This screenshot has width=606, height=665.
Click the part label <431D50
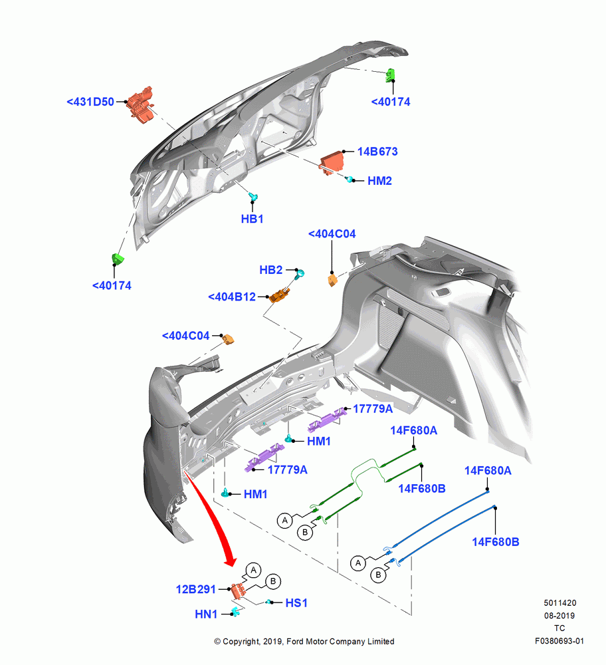[90, 102]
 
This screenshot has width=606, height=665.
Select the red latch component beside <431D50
[140, 104]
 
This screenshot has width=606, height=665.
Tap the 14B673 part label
[377, 152]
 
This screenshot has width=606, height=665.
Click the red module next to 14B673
[332, 162]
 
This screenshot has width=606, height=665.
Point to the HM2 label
[379, 181]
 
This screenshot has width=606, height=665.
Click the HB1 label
[252, 219]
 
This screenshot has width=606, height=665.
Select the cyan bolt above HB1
[253, 196]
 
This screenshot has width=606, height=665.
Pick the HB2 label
[271, 270]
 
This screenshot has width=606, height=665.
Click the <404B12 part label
[232, 297]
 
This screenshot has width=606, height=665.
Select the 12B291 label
[196, 589]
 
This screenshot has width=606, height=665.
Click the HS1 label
[296, 602]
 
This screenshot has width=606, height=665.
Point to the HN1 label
[206, 614]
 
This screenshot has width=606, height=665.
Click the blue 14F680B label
[496, 541]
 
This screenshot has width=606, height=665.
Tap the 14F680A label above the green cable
[413, 430]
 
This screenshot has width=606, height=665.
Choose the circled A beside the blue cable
[358, 563]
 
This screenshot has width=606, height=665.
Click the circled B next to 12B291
[273, 581]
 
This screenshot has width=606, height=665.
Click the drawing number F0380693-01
[559, 641]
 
